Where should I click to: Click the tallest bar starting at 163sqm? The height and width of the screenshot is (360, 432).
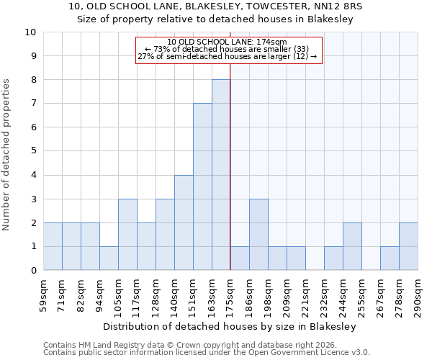(x=221, y=175)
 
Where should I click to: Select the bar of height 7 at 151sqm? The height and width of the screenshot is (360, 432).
(x=202, y=186)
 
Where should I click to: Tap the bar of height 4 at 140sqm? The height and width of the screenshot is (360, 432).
(x=184, y=222)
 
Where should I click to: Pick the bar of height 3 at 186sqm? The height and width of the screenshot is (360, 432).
(x=258, y=234)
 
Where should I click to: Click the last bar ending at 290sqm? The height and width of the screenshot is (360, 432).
(x=408, y=246)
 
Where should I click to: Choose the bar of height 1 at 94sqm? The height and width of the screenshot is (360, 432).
(x=109, y=258)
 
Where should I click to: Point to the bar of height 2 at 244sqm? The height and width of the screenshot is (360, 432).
(x=352, y=246)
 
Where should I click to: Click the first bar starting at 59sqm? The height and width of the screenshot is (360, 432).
(x=53, y=246)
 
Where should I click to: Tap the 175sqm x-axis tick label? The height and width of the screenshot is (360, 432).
(x=230, y=293)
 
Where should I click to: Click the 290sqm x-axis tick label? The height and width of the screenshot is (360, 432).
(x=418, y=293)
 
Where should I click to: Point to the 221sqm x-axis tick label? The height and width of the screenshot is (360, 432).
(x=305, y=293)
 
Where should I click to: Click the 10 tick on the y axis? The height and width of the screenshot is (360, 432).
(x=31, y=32)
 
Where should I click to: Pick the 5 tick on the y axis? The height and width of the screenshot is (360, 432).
(x=33, y=151)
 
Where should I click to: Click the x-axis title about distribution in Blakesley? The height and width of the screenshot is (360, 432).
(x=230, y=326)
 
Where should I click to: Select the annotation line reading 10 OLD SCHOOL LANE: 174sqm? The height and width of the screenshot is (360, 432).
(x=227, y=42)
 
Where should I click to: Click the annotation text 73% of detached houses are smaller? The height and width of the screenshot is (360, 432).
(x=227, y=49)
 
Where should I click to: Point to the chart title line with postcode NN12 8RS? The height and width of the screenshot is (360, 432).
(x=216, y=6)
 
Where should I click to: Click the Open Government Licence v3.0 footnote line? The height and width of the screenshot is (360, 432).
(x=207, y=353)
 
